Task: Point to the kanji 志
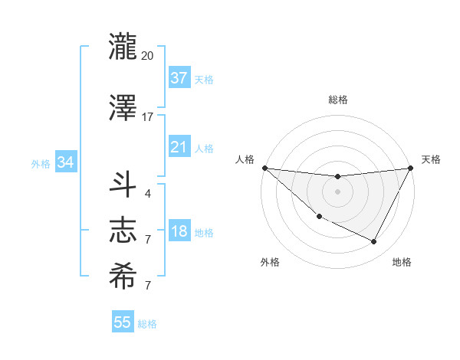pyautogui.click(x=123, y=231)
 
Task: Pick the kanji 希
pyautogui.click(x=123, y=277)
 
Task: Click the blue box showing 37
pyautogui.click(x=179, y=78)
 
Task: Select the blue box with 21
pyautogui.click(x=179, y=147)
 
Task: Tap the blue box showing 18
pyautogui.click(x=179, y=232)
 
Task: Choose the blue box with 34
pyautogui.click(x=65, y=162)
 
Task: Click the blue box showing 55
pyautogui.click(x=123, y=322)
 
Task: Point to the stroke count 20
pyautogui.click(x=147, y=56)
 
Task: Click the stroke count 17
pyautogui.click(x=147, y=117)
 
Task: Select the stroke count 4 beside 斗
pyautogui.click(x=147, y=193)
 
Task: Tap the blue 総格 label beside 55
pyautogui.click(x=147, y=324)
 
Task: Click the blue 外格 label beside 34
pyautogui.click(x=41, y=163)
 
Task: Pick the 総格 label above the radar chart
pyautogui.click(x=337, y=100)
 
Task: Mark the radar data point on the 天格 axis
pyautogui.click(x=410, y=168)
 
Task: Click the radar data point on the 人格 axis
pyautogui.click(x=264, y=168)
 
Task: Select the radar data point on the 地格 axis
pyautogui.click(x=374, y=242)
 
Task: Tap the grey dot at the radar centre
pyautogui.click(x=337, y=191)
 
